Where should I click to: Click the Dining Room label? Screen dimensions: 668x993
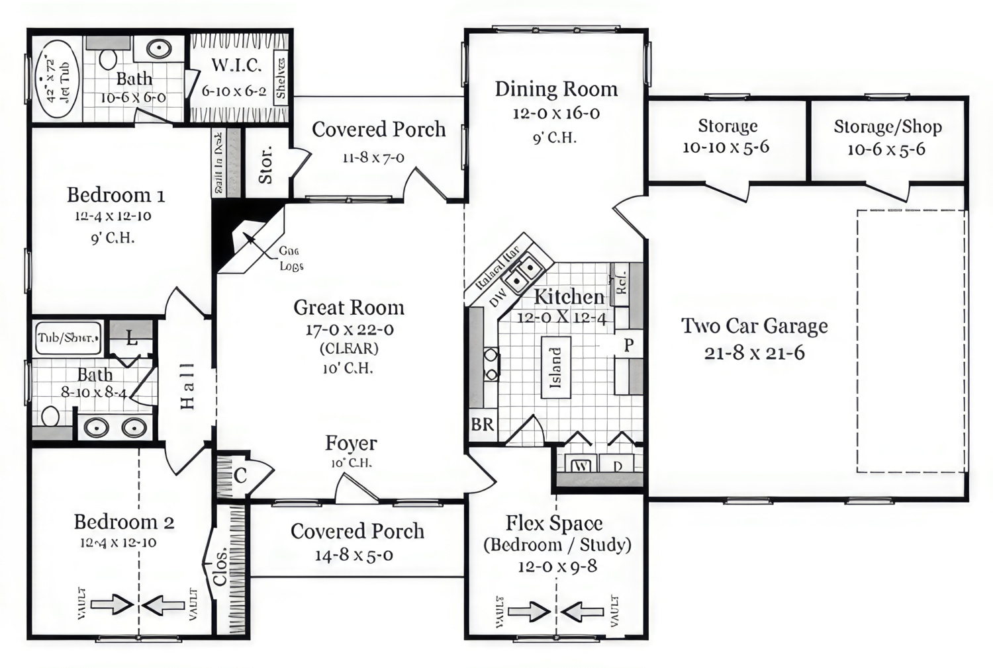tap(556, 89)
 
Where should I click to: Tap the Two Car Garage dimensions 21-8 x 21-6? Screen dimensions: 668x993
tap(754, 353)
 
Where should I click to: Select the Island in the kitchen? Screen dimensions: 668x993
tap(555, 368)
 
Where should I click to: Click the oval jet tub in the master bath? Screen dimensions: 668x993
tap(56, 79)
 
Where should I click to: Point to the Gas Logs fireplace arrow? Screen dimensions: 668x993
tap(250, 237)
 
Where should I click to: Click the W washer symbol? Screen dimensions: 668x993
tap(581, 466)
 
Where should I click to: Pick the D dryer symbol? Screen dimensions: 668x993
tap(618, 466)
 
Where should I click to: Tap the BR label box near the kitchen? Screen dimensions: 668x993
tap(482, 425)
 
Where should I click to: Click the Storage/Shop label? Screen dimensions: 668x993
tap(887, 126)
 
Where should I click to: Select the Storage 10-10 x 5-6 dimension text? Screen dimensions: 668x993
tap(726, 147)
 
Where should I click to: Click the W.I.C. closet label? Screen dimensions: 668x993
tap(236, 65)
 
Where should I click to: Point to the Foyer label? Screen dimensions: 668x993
tap(351, 443)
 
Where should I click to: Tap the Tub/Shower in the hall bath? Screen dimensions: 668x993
tap(68, 339)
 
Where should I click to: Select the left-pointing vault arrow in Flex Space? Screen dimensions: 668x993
tap(583, 611)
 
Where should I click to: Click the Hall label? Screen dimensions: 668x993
tap(188, 386)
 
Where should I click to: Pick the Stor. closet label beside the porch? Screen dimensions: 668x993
tap(265, 165)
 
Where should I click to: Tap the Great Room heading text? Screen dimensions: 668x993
tap(349, 308)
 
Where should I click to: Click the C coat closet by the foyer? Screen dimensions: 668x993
tap(240, 475)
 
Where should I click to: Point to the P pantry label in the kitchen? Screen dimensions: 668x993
tap(628, 345)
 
